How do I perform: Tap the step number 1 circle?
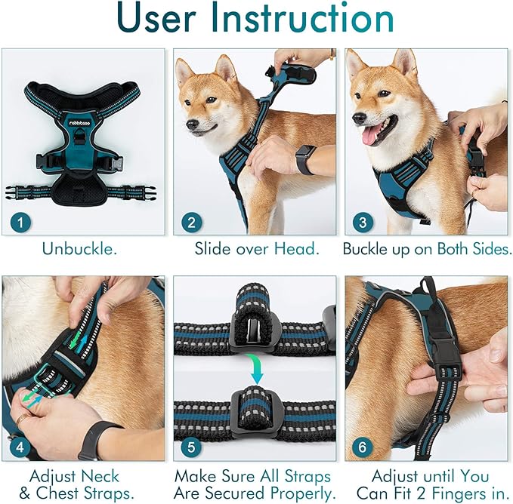point(22,221)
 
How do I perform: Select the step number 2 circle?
point(192,221)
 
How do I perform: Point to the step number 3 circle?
point(363,221)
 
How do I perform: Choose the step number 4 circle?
point(21,447)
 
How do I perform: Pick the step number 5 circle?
point(192,447)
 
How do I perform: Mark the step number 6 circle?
point(363,447)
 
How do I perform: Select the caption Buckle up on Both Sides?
point(427,248)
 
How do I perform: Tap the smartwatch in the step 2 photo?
point(305,159)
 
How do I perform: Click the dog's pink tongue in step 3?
point(372,135)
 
